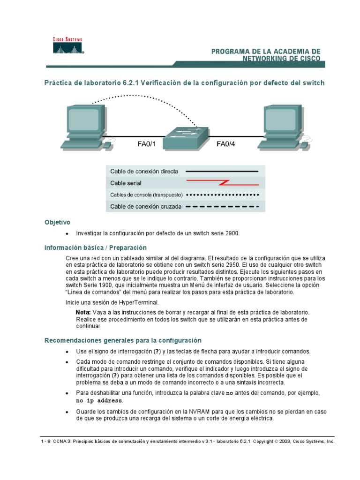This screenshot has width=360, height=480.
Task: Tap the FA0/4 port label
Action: (x=225, y=144)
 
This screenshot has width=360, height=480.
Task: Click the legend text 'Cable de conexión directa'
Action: (x=137, y=172)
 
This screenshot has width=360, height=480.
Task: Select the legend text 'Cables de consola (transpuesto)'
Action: (x=146, y=195)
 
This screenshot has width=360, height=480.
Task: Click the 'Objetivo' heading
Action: (x=57, y=222)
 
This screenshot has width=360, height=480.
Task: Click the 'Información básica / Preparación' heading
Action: (x=96, y=247)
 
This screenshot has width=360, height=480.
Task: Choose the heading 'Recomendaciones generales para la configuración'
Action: (x=123, y=340)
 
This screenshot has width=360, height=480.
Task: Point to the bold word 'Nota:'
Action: (x=83, y=312)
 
